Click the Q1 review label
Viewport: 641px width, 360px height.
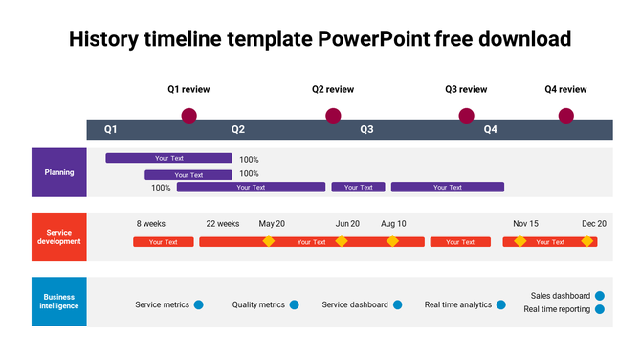pos(188,89)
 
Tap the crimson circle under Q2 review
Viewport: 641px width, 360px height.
pos(333,116)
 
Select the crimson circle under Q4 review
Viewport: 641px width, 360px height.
pos(565,116)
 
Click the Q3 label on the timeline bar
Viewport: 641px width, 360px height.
pos(366,129)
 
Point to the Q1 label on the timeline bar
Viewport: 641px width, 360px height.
pos(111,129)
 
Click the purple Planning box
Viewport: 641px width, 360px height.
pos(59,172)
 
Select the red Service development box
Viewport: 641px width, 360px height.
pos(59,236)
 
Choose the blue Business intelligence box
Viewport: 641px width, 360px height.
pos(59,302)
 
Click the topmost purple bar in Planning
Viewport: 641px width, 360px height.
pos(168,158)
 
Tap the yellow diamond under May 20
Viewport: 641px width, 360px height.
pos(269,241)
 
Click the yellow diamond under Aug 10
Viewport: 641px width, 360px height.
pos(392,241)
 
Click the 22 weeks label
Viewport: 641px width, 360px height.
pos(222,223)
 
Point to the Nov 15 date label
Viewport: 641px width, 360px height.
pos(525,223)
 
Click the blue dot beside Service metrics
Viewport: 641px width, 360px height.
pos(199,305)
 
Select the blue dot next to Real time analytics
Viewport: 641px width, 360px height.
pos(500,305)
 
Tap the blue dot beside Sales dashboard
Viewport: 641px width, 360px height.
pos(600,296)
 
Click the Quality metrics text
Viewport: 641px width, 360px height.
pos(258,305)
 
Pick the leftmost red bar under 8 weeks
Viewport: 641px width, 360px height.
pos(164,242)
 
